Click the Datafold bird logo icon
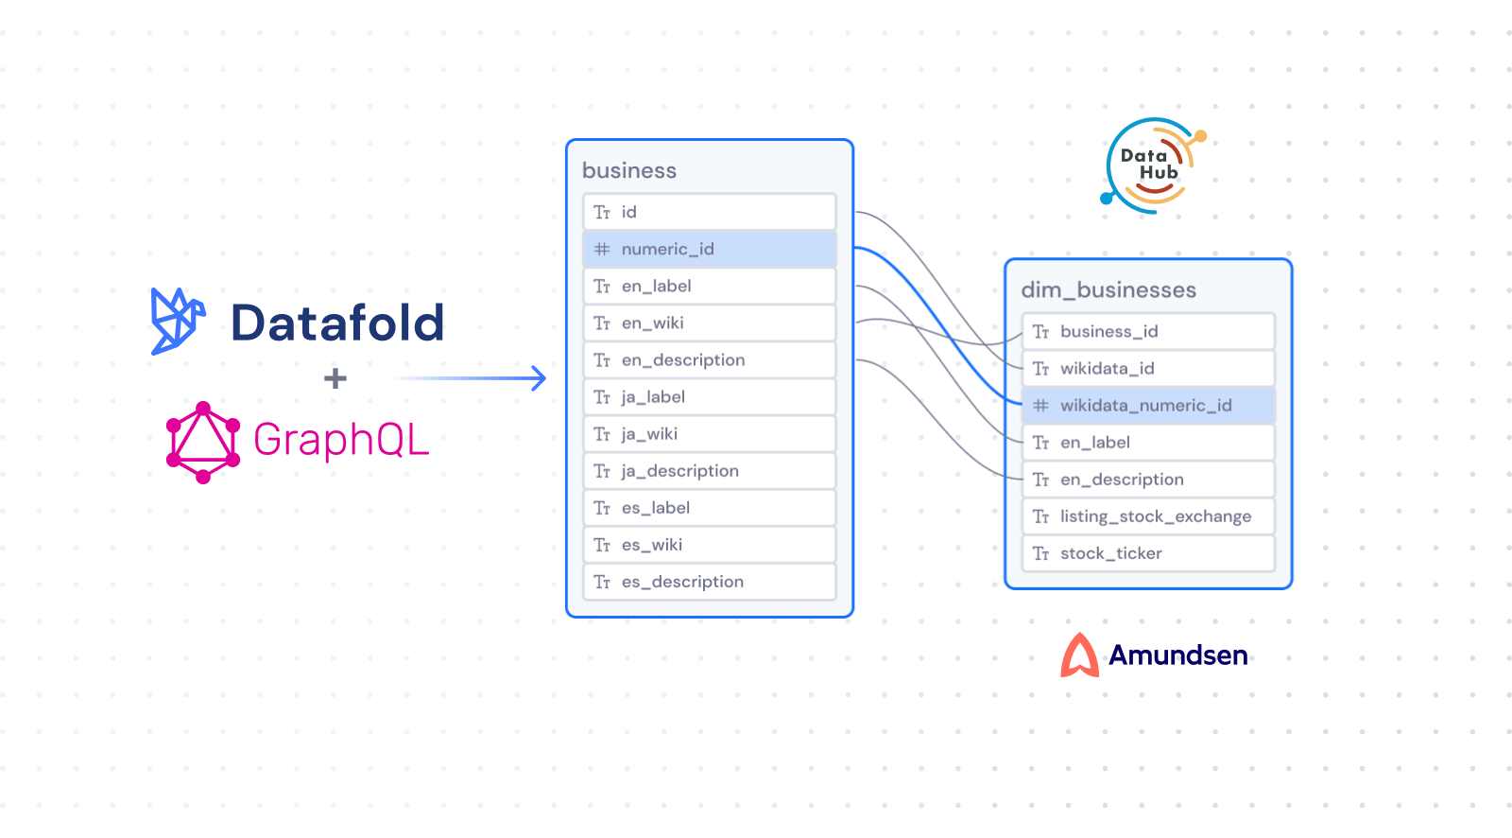tap(177, 322)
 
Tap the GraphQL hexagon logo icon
tap(202, 442)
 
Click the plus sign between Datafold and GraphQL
tap(335, 379)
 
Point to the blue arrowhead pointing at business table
tap(539, 378)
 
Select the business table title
tap(629, 170)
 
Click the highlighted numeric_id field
tap(710, 249)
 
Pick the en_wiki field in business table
tap(710, 323)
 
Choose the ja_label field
tap(710, 397)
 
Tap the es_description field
tap(710, 582)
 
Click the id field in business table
tap(710, 212)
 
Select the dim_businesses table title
tap(1108, 290)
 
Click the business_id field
tap(1148, 331)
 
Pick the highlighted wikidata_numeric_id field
tap(1148, 406)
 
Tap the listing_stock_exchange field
tap(1148, 516)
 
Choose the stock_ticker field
tap(1148, 553)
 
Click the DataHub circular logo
tap(1151, 165)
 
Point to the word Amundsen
tap(1177, 655)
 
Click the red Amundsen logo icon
tap(1079, 655)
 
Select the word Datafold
tap(337, 323)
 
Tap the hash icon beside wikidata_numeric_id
tap(1040, 406)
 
